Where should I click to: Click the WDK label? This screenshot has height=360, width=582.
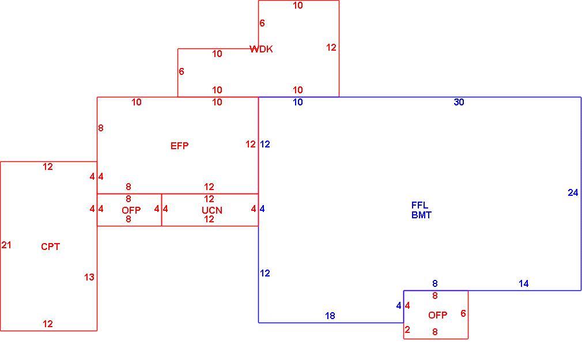click(261, 49)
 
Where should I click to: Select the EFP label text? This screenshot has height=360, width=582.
click(179, 146)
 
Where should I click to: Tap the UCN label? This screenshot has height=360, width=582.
click(212, 210)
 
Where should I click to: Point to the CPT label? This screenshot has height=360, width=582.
click(51, 247)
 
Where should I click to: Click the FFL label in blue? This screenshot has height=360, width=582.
click(420, 205)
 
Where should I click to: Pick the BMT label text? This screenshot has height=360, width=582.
click(421, 215)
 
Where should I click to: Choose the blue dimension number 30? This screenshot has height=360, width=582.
click(459, 102)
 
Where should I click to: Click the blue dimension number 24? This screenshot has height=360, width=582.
click(573, 192)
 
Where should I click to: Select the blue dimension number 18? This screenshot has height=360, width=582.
click(330, 316)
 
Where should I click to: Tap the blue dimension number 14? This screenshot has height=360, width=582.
click(523, 283)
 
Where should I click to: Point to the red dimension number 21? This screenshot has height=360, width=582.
click(6, 245)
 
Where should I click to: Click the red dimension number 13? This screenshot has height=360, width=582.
click(89, 277)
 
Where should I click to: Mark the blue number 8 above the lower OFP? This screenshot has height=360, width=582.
click(435, 283)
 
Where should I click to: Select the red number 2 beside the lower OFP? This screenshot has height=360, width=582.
click(407, 329)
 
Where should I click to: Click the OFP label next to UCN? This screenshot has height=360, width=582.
click(131, 210)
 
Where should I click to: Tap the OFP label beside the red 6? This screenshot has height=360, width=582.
click(437, 315)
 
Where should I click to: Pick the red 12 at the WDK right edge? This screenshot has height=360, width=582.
click(331, 47)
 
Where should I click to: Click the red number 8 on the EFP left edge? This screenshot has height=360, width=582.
click(101, 128)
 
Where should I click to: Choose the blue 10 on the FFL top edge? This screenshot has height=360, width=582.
click(298, 102)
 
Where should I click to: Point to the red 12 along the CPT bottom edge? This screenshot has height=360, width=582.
click(47, 324)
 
